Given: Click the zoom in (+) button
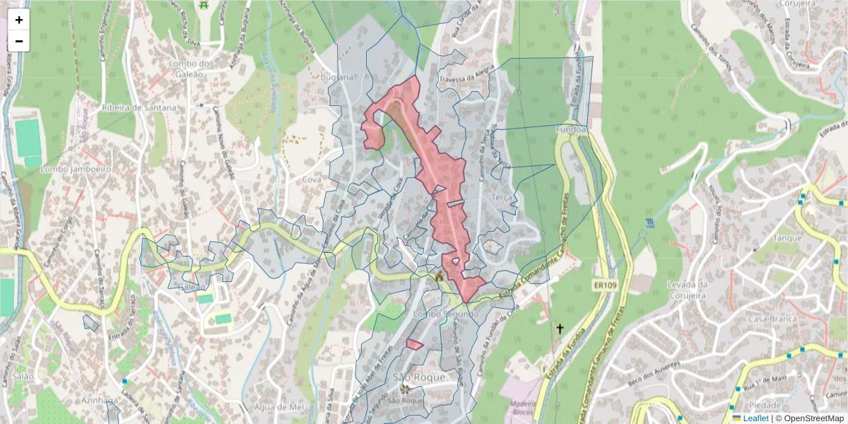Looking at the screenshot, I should (x=19, y=20).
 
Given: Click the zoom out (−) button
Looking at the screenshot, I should (x=19, y=41).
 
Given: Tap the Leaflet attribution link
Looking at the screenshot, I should (x=755, y=418).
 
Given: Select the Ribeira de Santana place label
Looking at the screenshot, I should (x=140, y=107).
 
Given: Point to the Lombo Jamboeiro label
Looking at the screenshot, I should (x=76, y=170).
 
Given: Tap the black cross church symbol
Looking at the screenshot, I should (x=560, y=329).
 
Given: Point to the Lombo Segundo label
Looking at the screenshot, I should (x=442, y=313).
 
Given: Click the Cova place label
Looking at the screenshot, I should (x=312, y=179).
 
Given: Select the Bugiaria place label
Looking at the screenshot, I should (x=336, y=76).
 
